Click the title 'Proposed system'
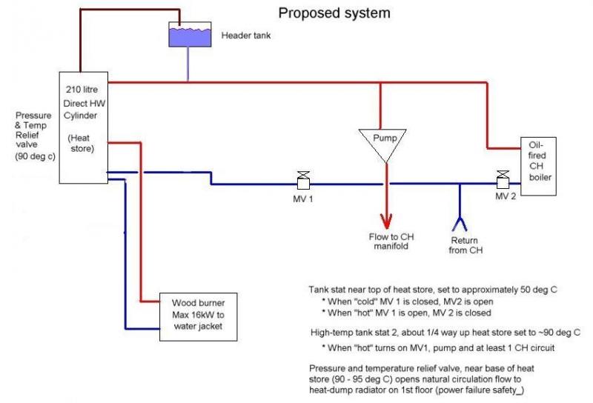334,13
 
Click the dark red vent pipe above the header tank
126,10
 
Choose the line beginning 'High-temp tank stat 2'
444,333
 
